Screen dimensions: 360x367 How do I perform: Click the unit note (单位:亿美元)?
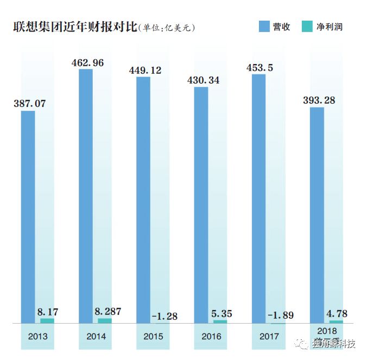(x=166, y=27)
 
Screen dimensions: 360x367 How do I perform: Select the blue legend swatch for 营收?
(x=264, y=26)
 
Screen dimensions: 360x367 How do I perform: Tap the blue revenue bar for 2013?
(x=28, y=217)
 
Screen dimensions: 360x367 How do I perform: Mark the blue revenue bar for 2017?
(x=258, y=199)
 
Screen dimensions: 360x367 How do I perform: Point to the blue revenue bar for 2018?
(x=317, y=215)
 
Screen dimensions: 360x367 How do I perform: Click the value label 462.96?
(x=95, y=62)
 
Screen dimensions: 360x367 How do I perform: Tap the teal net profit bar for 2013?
(x=47, y=321)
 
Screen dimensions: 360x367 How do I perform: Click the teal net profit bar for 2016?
(x=220, y=321)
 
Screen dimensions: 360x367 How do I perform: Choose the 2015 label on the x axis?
(x=153, y=337)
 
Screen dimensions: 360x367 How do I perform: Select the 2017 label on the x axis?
(x=269, y=337)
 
